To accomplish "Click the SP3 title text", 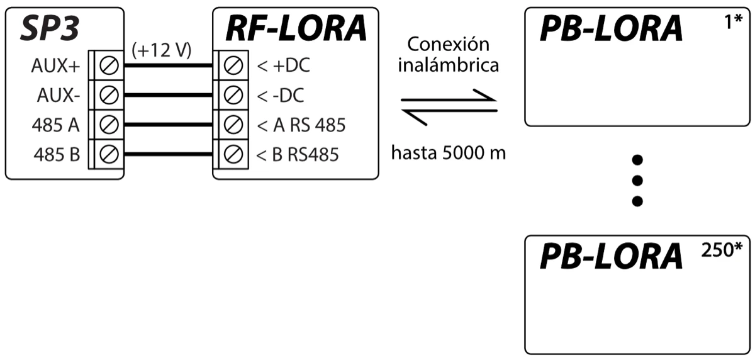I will tap(53, 28).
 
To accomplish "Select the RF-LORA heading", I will tap(295, 28).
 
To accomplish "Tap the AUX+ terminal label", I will tap(55, 66).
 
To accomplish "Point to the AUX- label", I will tap(58, 96).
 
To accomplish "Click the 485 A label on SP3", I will tap(56, 125).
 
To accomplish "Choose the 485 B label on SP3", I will tap(56, 155).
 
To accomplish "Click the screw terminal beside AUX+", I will tap(109, 66).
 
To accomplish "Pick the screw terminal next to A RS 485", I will tap(233, 125).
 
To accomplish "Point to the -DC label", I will tap(281, 96).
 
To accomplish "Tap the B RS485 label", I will tap(298, 155).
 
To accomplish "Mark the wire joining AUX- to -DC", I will tap(167, 96).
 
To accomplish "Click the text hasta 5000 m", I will tap(448, 153).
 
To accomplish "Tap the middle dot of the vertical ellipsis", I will tap(637, 180).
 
